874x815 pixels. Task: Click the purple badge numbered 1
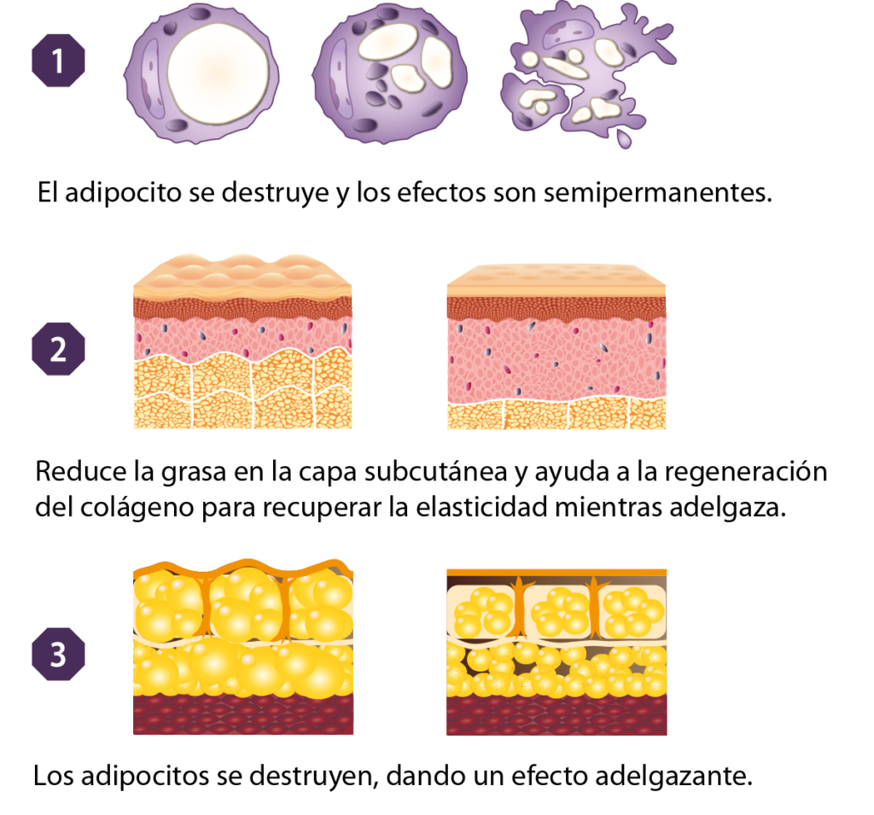[59, 61]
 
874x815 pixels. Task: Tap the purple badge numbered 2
[59, 349]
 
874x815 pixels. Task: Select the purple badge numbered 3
[59, 654]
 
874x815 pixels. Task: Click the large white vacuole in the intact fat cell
[218, 73]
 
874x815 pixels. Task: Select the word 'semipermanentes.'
[658, 193]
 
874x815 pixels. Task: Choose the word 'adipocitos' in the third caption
[145, 776]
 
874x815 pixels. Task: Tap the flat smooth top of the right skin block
[556, 280]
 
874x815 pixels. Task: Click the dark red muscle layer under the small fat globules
[556, 715]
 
